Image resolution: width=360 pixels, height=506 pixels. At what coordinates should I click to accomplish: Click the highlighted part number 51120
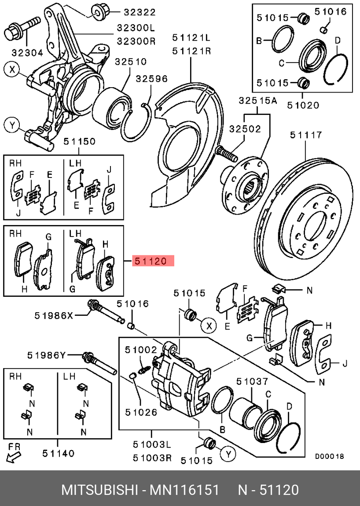click(x=151, y=261)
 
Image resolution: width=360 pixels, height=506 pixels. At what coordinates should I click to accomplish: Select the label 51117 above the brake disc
click(x=305, y=135)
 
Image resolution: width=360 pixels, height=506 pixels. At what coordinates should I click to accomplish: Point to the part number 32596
click(x=151, y=79)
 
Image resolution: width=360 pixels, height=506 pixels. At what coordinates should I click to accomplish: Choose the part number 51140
click(x=59, y=453)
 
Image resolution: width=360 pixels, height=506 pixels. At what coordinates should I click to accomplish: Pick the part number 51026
click(x=140, y=412)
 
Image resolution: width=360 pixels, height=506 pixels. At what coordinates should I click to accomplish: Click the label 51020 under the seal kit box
click(x=303, y=105)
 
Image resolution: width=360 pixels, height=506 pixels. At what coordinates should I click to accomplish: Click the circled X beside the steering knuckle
click(x=12, y=69)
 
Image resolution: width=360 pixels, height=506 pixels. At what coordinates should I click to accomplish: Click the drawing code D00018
click(x=329, y=457)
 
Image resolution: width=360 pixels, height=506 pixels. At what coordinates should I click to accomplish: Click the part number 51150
click(x=79, y=141)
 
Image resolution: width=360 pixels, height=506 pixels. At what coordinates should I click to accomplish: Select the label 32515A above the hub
click(x=258, y=100)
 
